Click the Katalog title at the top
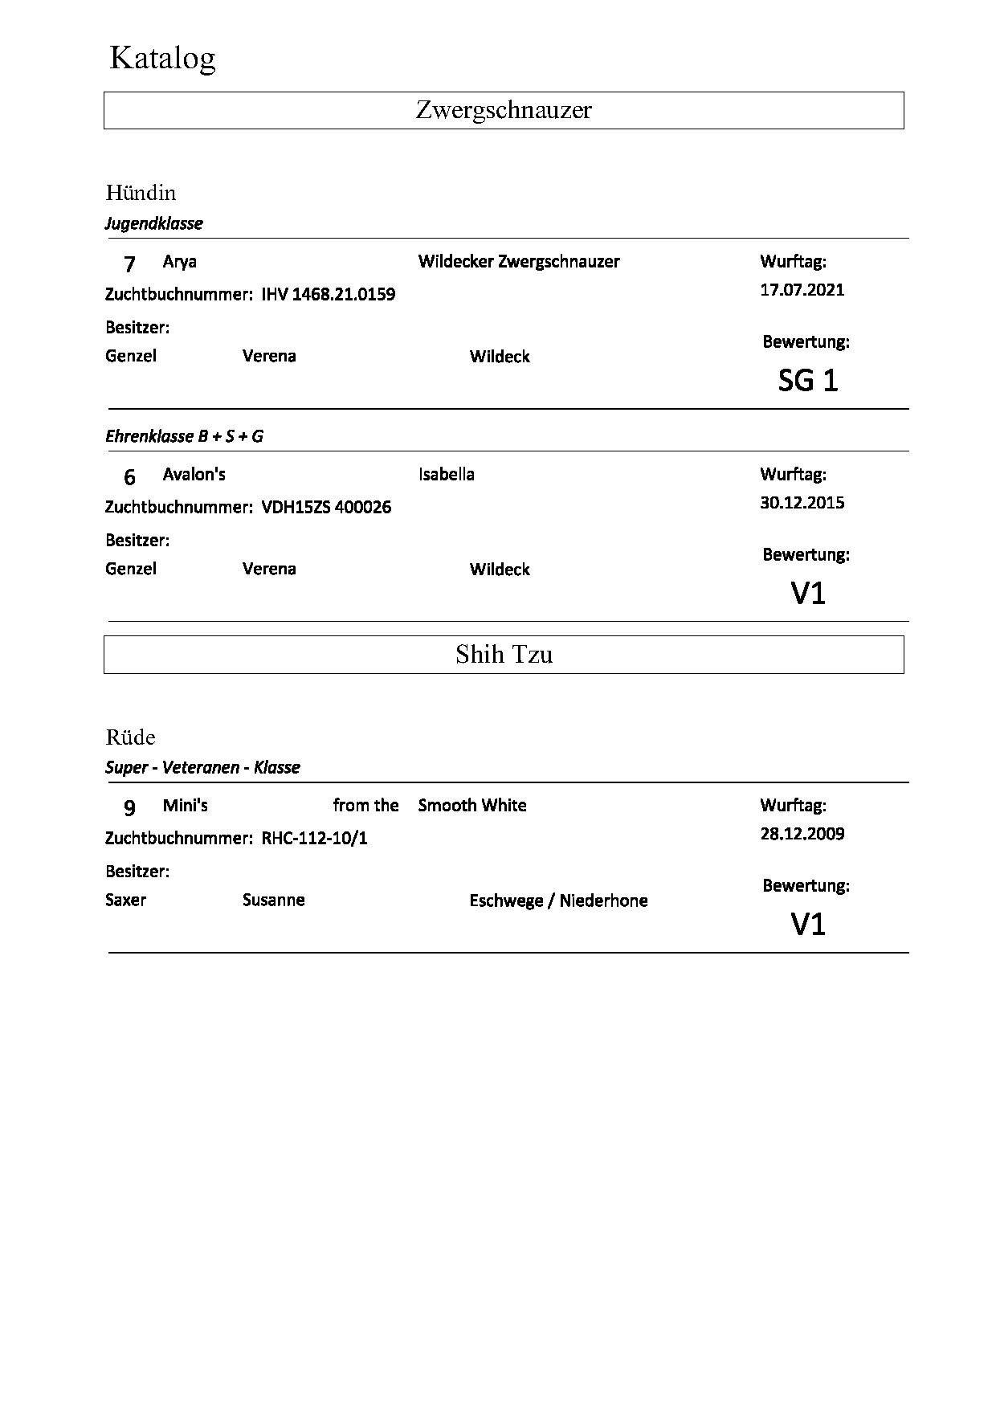[x=162, y=59]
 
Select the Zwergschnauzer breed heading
[x=504, y=110]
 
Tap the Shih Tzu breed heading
[x=504, y=655]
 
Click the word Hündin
[x=141, y=193]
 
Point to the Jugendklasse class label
[x=153, y=223]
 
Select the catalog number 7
[x=129, y=263]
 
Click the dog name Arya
[x=179, y=262]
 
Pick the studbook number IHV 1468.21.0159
[x=329, y=295]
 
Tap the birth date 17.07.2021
[x=802, y=290]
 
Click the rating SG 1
[x=808, y=381]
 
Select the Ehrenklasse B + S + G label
[x=184, y=436]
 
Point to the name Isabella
[x=446, y=475]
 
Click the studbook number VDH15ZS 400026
[x=326, y=508]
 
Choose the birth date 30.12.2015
[x=802, y=503]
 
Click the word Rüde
[x=130, y=737]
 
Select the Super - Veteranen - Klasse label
[x=202, y=767]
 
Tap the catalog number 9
[x=129, y=807]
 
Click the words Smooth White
[x=472, y=806]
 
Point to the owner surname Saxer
[x=125, y=900]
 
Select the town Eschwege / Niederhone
[x=558, y=901]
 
